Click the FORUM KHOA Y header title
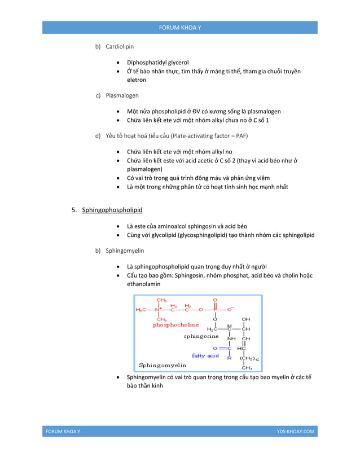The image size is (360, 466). pyautogui.click(x=179, y=27)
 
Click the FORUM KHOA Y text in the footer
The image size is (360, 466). pyautogui.click(x=63, y=432)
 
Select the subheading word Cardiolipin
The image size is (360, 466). pyautogui.click(x=120, y=46)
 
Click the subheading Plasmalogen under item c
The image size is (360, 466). pyautogui.click(x=122, y=95)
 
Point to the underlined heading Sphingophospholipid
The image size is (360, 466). pyautogui.click(x=112, y=210)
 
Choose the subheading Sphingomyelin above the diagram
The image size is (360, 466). pyautogui.click(x=125, y=250)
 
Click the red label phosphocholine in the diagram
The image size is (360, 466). pyautogui.click(x=175, y=325)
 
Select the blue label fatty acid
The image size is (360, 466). pyautogui.click(x=205, y=355)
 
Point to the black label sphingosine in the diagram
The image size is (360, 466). pyautogui.click(x=201, y=336)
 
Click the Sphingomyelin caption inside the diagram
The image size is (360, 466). pyautogui.click(x=163, y=365)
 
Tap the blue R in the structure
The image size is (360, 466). pyautogui.click(x=229, y=357)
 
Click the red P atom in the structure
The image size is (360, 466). pyautogui.click(x=215, y=309)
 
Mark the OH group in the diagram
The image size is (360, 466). pyautogui.click(x=246, y=319)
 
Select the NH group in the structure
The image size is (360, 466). pyautogui.click(x=231, y=338)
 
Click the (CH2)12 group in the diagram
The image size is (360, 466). pyautogui.click(x=249, y=358)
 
